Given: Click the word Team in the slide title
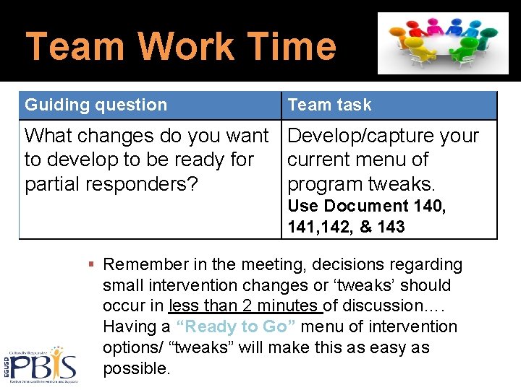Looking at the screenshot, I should [73, 46].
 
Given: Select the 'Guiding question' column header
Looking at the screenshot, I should [96, 105].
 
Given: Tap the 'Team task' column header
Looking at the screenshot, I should [329, 105].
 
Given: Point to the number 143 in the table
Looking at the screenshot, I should [391, 227].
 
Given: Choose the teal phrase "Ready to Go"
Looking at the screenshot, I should [236, 326].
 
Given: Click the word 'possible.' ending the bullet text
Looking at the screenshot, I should [137, 368].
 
